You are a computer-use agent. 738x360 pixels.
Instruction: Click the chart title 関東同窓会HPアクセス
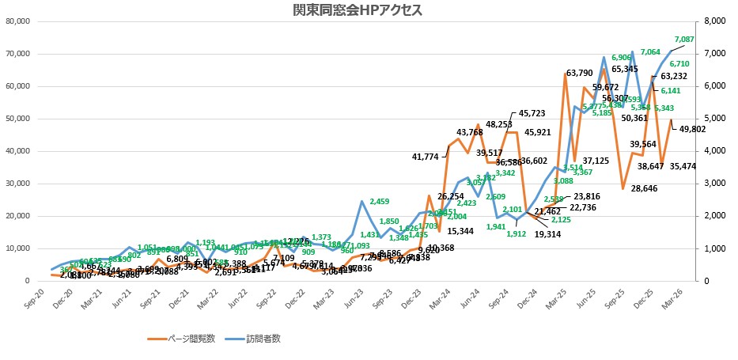click(x=368, y=10)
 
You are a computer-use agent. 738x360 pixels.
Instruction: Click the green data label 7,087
click(x=684, y=39)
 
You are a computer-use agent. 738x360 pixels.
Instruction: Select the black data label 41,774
click(x=425, y=157)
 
